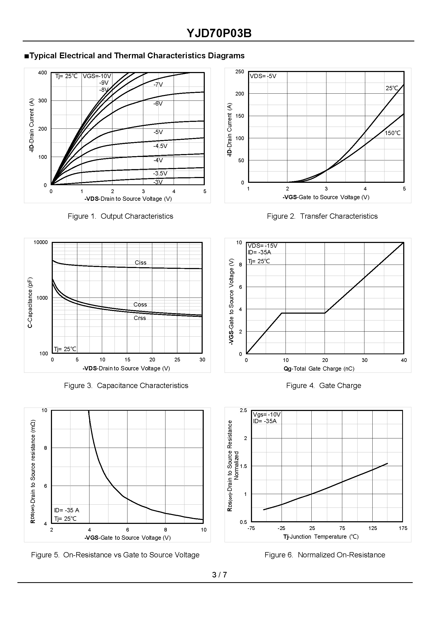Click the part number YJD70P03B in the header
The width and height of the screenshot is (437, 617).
(219, 33)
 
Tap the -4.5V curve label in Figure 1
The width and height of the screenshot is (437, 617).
(160, 146)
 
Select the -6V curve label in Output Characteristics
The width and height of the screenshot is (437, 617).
(158, 104)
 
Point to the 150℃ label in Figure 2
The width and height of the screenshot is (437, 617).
(393, 133)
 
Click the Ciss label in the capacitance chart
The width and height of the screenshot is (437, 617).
(140, 262)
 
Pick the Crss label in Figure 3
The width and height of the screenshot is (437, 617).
(140, 318)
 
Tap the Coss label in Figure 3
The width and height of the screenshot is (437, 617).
(140, 304)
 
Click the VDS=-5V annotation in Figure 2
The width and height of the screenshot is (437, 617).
(263, 76)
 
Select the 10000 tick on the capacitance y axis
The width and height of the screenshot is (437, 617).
(40, 242)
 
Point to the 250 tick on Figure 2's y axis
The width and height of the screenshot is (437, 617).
(240, 71)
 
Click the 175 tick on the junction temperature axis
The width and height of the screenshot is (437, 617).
(403, 528)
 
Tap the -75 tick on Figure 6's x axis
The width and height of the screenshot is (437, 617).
(251, 528)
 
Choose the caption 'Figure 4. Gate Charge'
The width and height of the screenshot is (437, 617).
(324, 385)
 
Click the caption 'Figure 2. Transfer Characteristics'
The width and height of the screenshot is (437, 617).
(322, 216)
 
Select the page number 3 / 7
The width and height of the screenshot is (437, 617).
(219, 575)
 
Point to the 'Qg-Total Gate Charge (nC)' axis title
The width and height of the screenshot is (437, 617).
(319, 369)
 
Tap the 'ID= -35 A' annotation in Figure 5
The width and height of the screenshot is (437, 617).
(66, 510)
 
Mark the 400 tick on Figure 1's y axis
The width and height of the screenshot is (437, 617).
(42, 73)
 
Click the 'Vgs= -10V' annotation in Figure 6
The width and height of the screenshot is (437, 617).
(267, 414)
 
